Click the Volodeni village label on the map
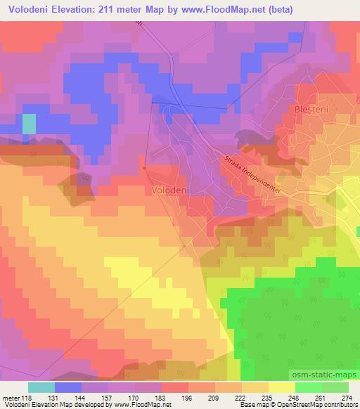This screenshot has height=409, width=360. (x=167, y=190)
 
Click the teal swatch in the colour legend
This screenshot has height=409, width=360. (x=41, y=387)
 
